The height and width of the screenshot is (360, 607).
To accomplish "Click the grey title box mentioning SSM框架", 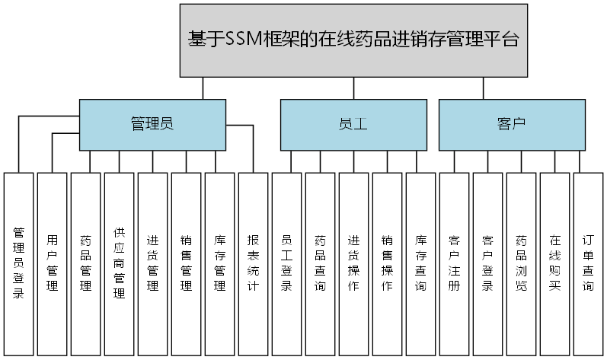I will pyautogui.click(x=353, y=40).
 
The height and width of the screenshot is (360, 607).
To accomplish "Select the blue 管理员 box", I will pyautogui.click(x=152, y=124).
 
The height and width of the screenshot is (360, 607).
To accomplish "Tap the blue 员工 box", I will pyautogui.click(x=353, y=124).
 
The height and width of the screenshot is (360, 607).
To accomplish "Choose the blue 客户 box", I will pyautogui.click(x=511, y=124).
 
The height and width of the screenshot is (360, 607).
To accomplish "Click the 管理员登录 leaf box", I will pyautogui.click(x=19, y=263).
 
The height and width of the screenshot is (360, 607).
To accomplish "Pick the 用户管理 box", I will pyautogui.click(x=52, y=263).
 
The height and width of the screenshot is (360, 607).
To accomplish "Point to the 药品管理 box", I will pyautogui.click(x=85, y=263).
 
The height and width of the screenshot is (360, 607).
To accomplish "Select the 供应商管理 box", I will pyautogui.click(x=119, y=263).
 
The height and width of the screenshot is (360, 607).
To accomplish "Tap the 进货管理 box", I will pyautogui.click(x=152, y=263).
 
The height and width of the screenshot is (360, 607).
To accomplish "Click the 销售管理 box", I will pyautogui.click(x=186, y=263).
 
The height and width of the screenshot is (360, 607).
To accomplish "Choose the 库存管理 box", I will pyautogui.click(x=219, y=263).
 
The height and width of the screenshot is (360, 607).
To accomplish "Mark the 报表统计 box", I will pyautogui.click(x=253, y=263).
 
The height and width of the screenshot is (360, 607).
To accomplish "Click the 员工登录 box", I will pyautogui.click(x=286, y=263).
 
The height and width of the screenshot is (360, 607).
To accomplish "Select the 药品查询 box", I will pyautogui.click(x=320, y=263).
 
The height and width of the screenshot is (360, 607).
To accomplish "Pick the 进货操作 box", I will pyautogui.click(x=353, y=263).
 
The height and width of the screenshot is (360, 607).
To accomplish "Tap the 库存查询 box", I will pyautogui.click(x=420, y=263).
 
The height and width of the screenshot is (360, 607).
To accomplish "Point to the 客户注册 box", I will pyautogui.click(x=454, y=263).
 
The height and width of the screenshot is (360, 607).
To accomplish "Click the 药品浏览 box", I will pyautogui.click(x=521, y=263).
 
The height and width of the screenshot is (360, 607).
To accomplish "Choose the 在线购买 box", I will pyautogui.click(x=554, y=263).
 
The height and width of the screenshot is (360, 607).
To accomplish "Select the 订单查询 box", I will pyautogui.click(x=588, y=263).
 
